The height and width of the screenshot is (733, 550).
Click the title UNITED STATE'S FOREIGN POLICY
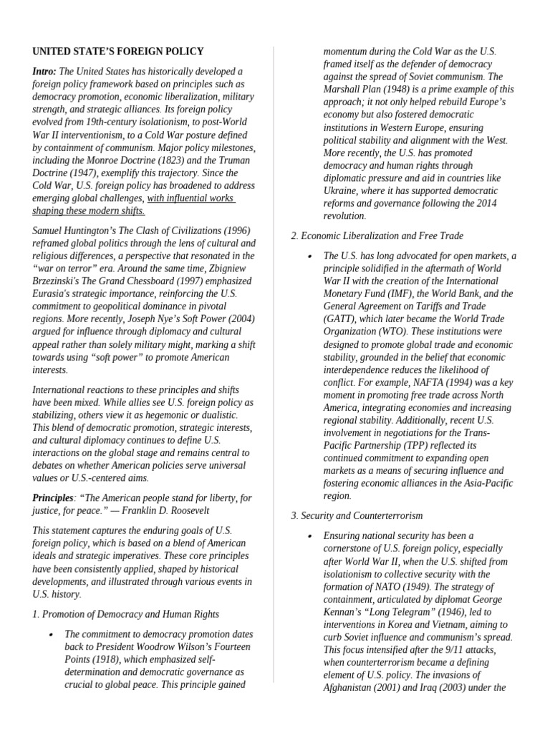tap(117, 52)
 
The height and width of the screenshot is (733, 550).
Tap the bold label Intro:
tap(44, 71)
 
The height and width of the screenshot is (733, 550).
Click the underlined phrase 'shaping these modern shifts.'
tap(88, 210)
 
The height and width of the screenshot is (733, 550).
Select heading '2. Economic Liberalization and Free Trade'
tap(377, 236)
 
